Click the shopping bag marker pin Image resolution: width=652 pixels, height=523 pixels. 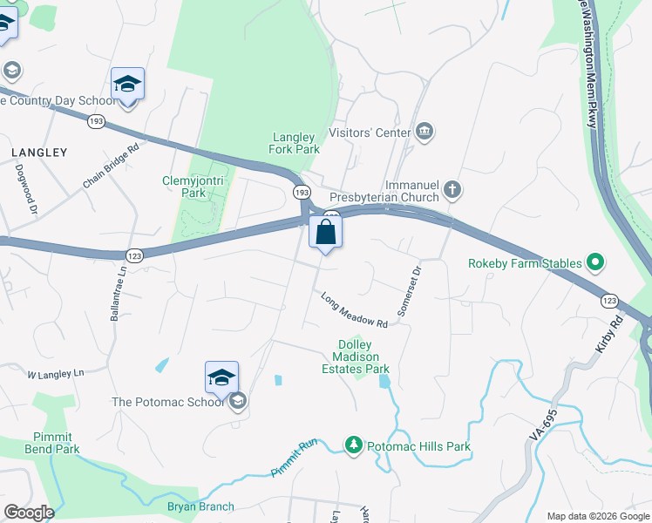[325, 233]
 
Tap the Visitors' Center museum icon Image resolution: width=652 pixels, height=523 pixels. [424, 132]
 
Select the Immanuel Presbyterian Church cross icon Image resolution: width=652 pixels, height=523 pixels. [452, 188]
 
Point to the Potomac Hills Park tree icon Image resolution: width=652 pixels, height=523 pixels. [353, 445]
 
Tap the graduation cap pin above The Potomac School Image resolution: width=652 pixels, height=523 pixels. [221, 377]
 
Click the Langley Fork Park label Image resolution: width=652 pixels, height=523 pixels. [295, 143]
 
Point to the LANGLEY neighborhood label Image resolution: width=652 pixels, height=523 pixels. [39, 153]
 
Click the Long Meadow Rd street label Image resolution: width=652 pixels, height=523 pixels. [353, 309]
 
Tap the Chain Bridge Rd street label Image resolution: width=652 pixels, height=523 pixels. [111, 166]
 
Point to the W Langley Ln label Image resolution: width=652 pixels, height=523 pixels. [55, 374]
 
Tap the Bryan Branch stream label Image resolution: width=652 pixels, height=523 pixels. [200, 506]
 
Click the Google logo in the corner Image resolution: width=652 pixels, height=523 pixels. [29, 512]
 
